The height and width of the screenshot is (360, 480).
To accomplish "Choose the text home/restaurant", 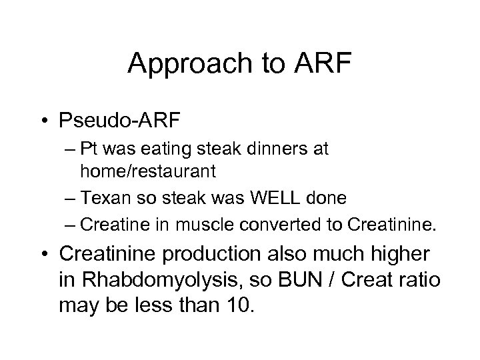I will [148, 171].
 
